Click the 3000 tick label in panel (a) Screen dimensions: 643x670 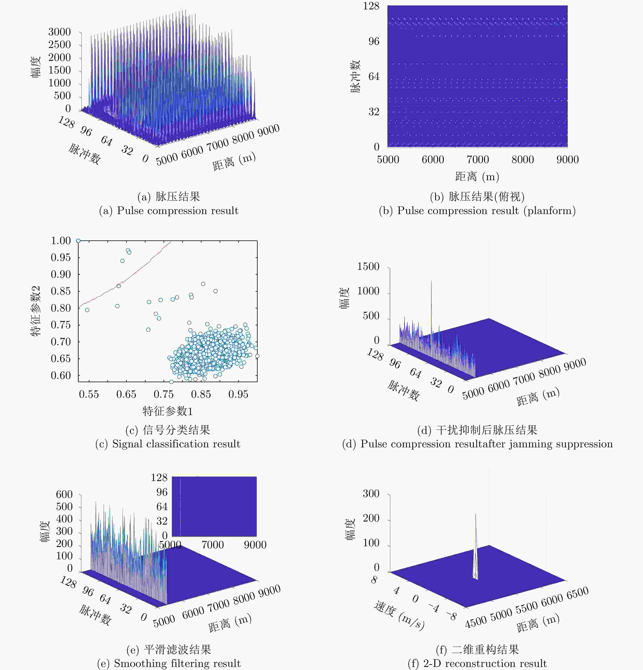59,32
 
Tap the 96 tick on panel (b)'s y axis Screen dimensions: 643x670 374,41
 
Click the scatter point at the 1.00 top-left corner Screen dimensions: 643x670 78,241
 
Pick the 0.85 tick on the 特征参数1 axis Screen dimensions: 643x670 201,394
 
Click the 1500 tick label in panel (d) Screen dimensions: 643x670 368,266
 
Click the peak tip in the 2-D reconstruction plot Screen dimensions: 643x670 476,514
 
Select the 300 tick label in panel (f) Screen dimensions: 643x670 371,493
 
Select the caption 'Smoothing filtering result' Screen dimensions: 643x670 169,663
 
